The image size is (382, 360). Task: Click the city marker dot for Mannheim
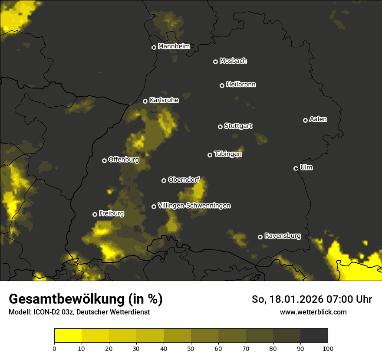tap(154, 48)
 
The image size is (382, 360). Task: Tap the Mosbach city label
tap(233, 61)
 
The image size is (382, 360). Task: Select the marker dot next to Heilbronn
tap(222, 86)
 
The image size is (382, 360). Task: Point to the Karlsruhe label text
tap(164, 100)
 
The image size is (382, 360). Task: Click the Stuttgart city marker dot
tap(220, 127)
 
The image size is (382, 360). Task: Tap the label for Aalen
tap(318, 119)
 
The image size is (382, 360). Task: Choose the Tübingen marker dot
tap(210, 155)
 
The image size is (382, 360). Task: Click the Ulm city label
tap(306, 167)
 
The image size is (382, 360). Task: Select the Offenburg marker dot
tap(104, 160)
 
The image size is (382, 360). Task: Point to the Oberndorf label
tap(184, 180)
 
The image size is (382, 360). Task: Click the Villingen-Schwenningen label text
tap(194, 206)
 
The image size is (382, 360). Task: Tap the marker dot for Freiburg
tap(95, 214)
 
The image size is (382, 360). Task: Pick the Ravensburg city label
tap(283, 236)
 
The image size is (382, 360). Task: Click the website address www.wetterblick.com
tap(313, 312)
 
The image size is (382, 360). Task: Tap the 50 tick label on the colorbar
tap(191, 348)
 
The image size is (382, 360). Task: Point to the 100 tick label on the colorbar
tap(328, 348)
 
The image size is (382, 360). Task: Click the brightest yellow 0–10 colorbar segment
tap(68, 336)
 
